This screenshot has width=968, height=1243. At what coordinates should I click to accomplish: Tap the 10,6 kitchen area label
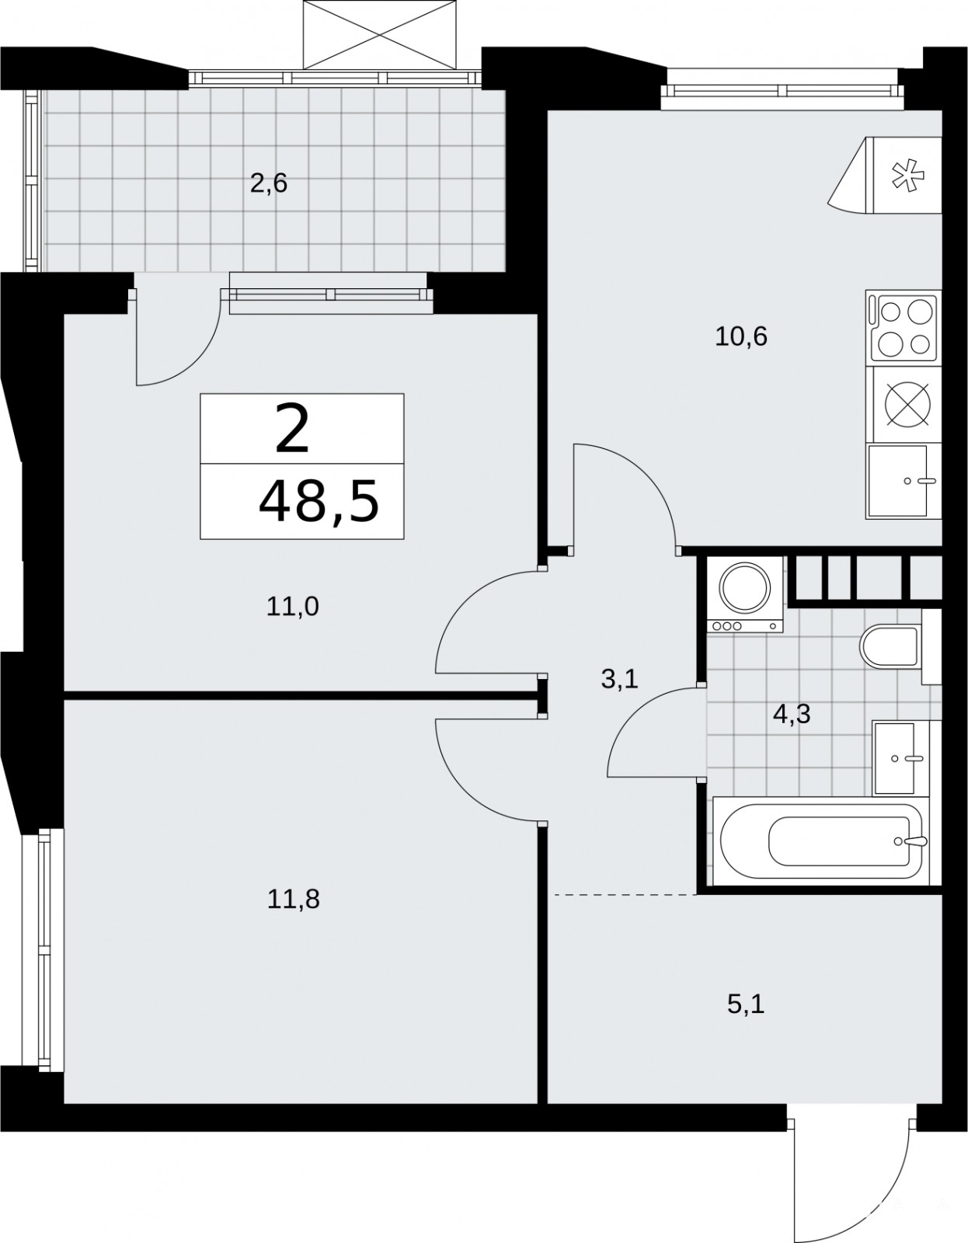pyautogui.click(x=741, y=337)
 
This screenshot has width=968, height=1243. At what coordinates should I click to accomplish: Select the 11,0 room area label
pyautogui.click(x=292, y=606)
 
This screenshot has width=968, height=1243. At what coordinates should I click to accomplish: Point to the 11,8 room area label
pyautogui.click(x=293, y=899)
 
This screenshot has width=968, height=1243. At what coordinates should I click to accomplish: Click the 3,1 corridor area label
pyautogui.click(x=619, y=680)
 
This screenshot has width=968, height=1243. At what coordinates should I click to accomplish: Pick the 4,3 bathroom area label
pyautogui.click(x=792, y=714)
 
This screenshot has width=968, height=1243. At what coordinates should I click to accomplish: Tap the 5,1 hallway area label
pyautogui.click(x=746, y=1004)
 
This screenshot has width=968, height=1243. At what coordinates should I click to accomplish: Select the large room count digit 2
pyautogui.click(x=292, y=428)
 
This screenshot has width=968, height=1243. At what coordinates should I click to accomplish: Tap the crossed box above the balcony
pyautogui.click(x=380, y=34)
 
